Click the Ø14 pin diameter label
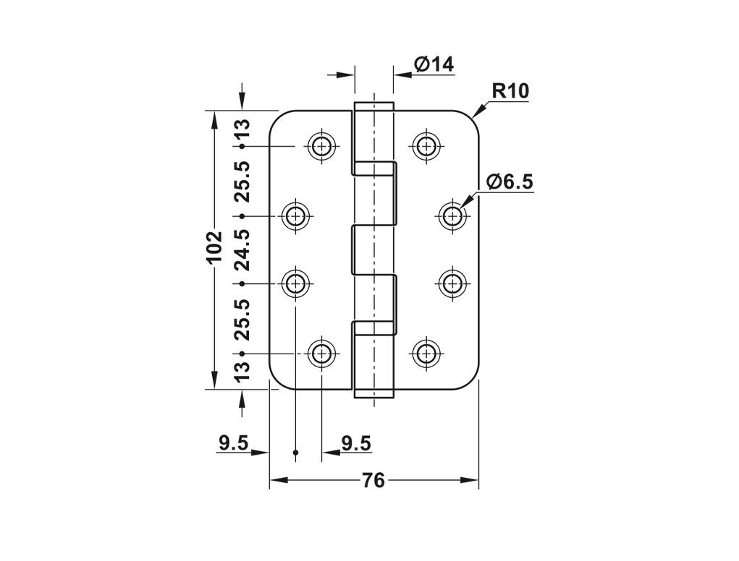point(434,64)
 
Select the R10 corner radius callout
point(510,91)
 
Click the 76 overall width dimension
point(373,481)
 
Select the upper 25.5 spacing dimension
point(242,181)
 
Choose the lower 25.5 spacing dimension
point(242,319)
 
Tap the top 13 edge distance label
point(242,129)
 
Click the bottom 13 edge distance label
point(242,372)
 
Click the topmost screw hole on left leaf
point(322,147)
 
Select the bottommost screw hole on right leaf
point(426,354)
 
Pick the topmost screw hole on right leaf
point(426,147)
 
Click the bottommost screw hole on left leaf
point(322,354)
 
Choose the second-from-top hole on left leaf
point(295,215)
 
